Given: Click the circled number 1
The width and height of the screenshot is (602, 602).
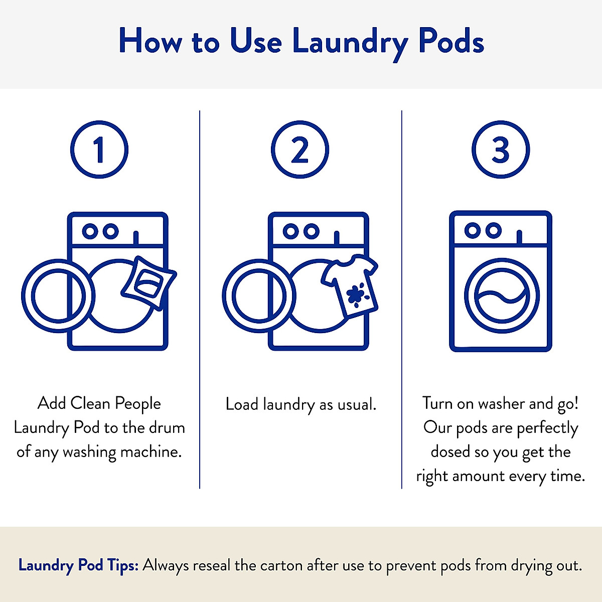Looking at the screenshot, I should click(x=99, y=149).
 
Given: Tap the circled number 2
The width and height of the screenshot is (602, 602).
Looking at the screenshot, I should click(x=300, y=149).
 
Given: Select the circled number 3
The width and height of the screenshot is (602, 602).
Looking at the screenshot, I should click(x=501, y=149).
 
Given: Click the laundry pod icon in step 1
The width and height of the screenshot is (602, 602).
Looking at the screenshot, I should click(x=148, y=283).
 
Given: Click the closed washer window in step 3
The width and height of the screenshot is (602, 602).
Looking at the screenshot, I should click(x=502, y=296).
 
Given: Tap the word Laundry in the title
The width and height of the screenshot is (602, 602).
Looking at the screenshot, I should click(x=350, y=42).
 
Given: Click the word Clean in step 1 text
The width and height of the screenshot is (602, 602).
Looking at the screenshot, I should click(x=90, y=403).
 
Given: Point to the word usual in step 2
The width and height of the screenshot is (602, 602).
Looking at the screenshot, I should click(x=355, y=404).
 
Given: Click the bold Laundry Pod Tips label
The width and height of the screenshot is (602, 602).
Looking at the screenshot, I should click(x=78, y=565).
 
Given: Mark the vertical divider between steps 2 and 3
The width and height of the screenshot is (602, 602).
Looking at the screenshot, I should click(x=402, y=299).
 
